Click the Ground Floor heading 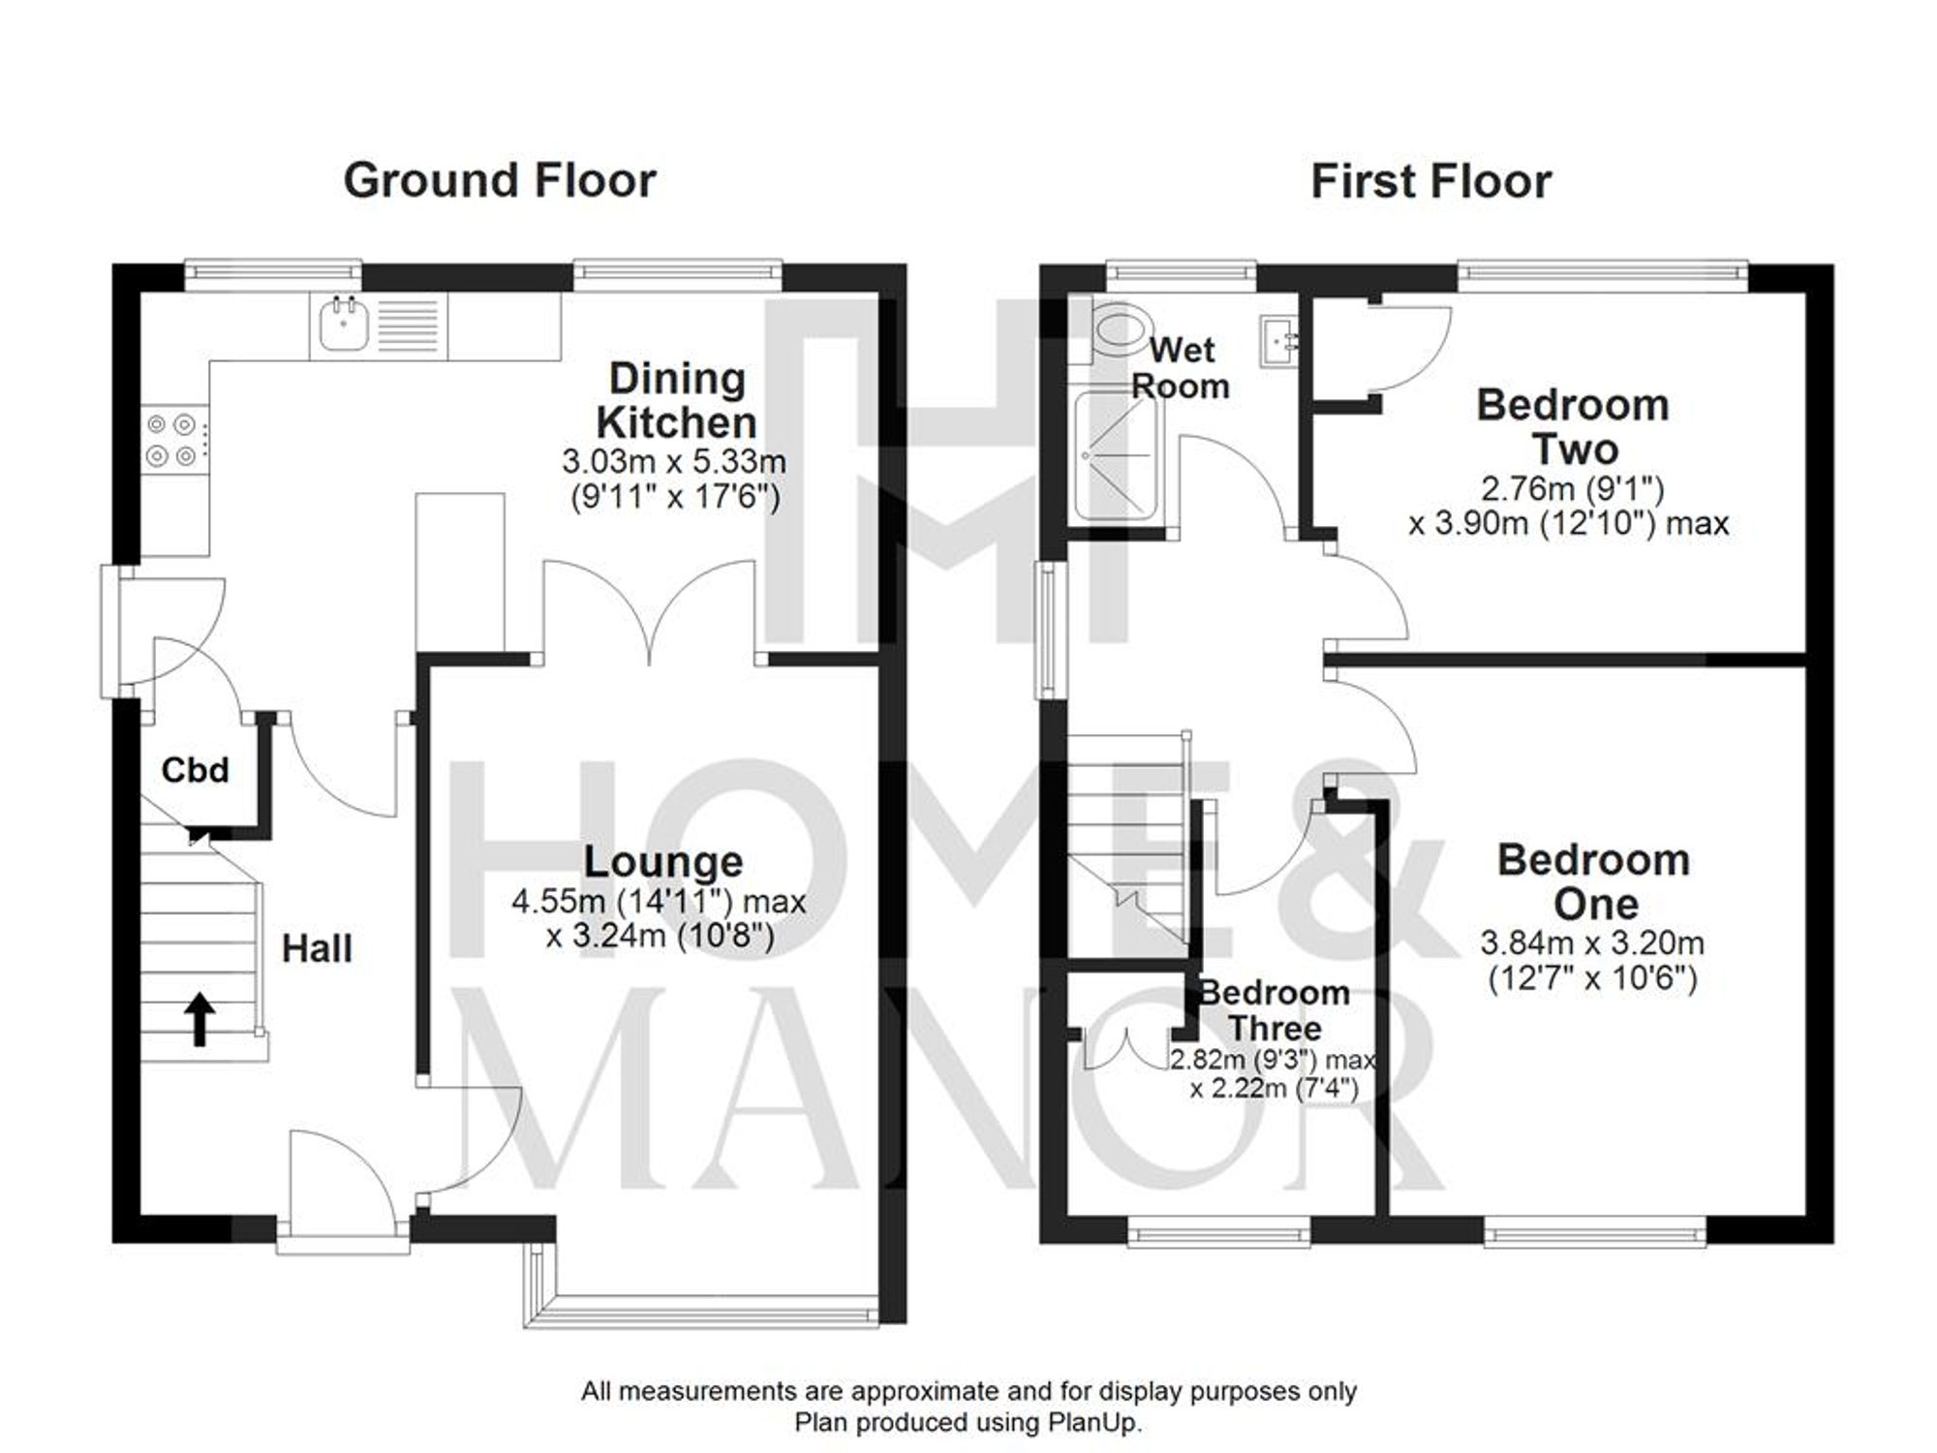[x=500, y=181]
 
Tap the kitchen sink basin [x=340, y=327]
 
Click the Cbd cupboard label [x=195, y=770]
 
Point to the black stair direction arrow [x=200, y=1019]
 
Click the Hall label [x=317, y=948]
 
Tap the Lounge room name [x=662, y=861]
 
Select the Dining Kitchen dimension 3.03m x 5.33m [x=674, y=461]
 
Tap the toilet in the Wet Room [x=1116, y=331]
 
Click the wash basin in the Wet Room [x=1282, y=341]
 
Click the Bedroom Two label [x=1573, y=427]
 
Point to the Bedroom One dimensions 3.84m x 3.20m [x=1592, y=943]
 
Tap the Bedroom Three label [x=1274, y=1009]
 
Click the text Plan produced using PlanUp [x=968, y=1423]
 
